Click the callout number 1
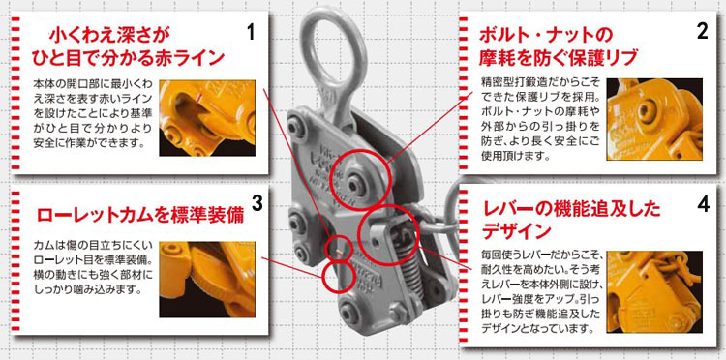251,33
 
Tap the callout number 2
702,31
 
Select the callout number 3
257,203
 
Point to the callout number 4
703,205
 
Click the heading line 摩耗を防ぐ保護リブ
559,57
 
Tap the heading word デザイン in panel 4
517,231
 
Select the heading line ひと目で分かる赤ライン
128,58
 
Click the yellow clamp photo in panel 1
207,117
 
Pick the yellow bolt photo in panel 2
654,119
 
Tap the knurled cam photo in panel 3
207,279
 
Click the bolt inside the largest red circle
357,184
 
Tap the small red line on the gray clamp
339,252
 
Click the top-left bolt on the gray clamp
296,127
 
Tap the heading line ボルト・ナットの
545,35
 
